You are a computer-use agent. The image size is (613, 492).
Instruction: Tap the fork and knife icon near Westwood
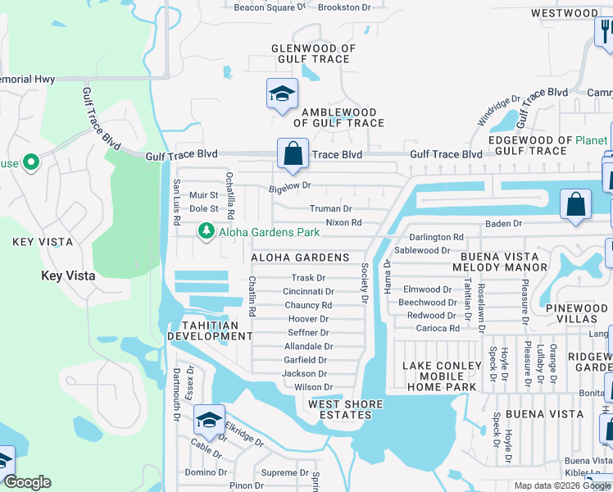[x=604, y=32]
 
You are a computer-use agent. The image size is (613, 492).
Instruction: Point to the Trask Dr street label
[x=309, y=278]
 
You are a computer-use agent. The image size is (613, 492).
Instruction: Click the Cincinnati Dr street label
[x=308, y=291]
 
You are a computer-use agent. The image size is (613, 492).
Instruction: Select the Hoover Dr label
[x=308, y=319]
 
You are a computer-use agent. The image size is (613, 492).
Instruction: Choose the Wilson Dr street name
[x=313, y=387]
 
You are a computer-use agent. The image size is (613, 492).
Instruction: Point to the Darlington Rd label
[x=436, y=237]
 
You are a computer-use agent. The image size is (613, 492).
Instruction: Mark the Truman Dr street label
[x=331, y=209]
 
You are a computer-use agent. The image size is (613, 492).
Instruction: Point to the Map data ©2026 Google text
[x=562, y=485]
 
